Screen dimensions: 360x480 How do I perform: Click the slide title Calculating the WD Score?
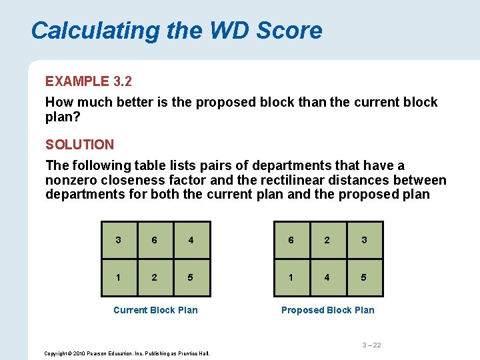tap(177, 31)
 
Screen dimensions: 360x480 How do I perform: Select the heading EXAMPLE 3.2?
tap(89, 81)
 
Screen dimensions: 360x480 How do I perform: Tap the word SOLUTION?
tap(79, 144)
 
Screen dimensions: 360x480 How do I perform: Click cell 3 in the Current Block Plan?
tap(118, 240)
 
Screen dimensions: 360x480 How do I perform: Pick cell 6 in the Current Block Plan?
tap(155, 240)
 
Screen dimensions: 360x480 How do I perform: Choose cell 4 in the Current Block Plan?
tap(191, 240)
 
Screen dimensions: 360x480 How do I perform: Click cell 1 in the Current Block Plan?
tap(118, 277)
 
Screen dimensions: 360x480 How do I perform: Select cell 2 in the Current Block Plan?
tap(155, 277)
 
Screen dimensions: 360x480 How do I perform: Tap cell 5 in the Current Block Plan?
tap(191, 277)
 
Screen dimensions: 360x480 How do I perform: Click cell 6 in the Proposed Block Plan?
tap(291, 240)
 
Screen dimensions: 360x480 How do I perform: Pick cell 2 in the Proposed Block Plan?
tap(327, 240)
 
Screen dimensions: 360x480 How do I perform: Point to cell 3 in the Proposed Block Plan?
tap(364, 240)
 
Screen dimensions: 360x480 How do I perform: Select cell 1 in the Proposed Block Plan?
tap(291, 277)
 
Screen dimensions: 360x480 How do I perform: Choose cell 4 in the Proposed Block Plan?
tap(327, 277)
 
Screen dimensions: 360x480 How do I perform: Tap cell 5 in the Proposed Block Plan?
tap(364, 277)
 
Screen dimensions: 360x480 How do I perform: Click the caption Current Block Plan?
tap(155, 310)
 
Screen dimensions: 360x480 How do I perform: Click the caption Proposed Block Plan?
tap(327, 310)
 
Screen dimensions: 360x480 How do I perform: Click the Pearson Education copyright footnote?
tap(127, 353)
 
